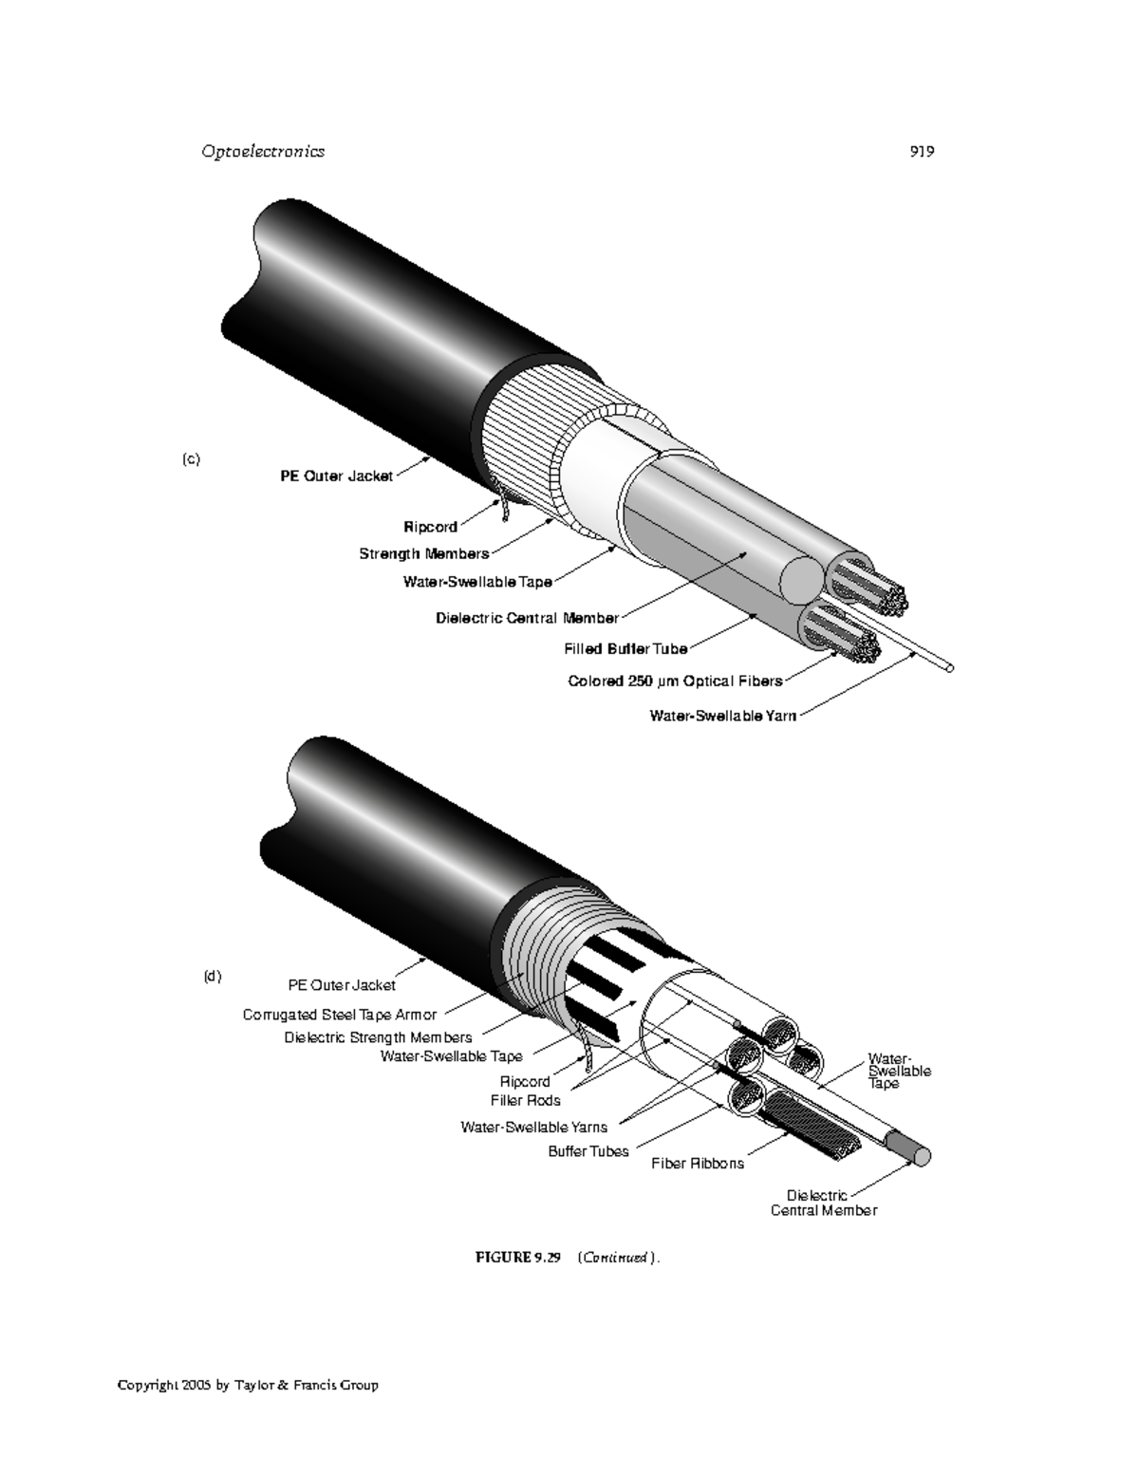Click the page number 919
922,151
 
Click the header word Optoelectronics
263,151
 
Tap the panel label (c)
192,459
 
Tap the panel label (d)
213,977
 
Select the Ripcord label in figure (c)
430,527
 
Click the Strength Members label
423,553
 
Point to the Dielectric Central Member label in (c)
527,618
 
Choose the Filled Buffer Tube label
626,649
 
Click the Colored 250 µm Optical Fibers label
675,681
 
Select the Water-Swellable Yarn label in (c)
722,716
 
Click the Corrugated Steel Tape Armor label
340,1015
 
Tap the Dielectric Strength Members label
378,1037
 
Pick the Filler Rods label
525,1101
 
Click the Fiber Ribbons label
698,1164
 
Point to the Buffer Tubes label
588,1151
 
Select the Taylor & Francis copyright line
248,1385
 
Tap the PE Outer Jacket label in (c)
336,476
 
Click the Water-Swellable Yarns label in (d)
533,1127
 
